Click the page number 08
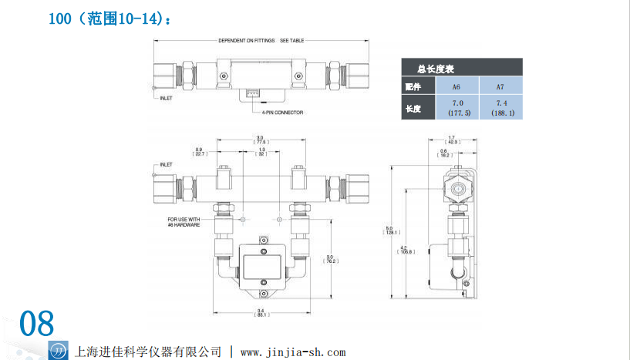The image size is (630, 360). (36, 324)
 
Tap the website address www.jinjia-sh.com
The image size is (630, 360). (293, 352)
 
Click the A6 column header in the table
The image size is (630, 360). (456, 86)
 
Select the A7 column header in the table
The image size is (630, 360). (500, 86)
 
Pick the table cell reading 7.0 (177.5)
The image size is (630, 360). (456, 108)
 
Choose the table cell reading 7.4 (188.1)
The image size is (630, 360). (500, 108)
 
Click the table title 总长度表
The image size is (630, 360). (434, 68)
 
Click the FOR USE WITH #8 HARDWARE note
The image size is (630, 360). (184, 221)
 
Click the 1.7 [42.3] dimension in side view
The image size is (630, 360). (451, 140)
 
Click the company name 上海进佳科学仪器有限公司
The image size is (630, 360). (147, 352)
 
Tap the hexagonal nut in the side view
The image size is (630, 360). (455, 187)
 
